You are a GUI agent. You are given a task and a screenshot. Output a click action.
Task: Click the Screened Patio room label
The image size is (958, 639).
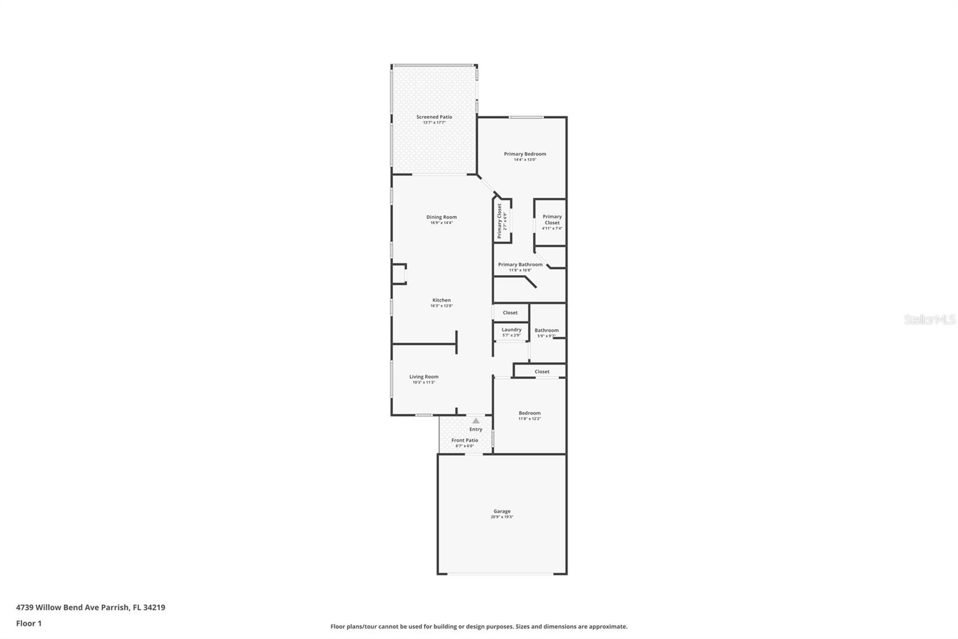click(434, 117)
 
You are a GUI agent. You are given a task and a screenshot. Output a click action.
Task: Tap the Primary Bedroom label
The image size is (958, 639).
click(525, 154)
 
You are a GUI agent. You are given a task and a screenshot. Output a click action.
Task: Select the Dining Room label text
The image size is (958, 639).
click(441, 217)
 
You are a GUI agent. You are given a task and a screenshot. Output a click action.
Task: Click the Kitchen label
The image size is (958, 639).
click(441, 300)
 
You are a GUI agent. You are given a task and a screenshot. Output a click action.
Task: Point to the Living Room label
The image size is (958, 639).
click(423, 377)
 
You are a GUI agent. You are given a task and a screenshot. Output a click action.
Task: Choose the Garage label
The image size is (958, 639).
click(502, 511)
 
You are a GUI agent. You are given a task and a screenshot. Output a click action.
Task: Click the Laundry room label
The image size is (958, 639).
click(511, 330)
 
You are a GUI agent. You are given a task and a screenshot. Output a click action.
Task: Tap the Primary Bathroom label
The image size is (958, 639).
click(520, 264)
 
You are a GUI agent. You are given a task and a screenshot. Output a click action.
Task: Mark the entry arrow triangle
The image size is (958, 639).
click(475, 421)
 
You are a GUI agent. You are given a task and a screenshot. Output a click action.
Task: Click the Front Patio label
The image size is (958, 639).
click(465, 441)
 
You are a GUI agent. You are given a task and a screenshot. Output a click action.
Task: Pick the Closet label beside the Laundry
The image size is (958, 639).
click(510, 313)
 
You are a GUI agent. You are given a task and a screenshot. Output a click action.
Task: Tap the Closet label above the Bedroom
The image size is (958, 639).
click(542, 372)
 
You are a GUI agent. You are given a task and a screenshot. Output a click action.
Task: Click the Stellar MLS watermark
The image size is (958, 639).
click(929, 320)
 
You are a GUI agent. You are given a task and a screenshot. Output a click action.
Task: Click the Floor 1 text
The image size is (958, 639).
click(29, 623)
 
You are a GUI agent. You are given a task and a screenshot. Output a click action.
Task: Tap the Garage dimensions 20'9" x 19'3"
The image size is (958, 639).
click(502, 517)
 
